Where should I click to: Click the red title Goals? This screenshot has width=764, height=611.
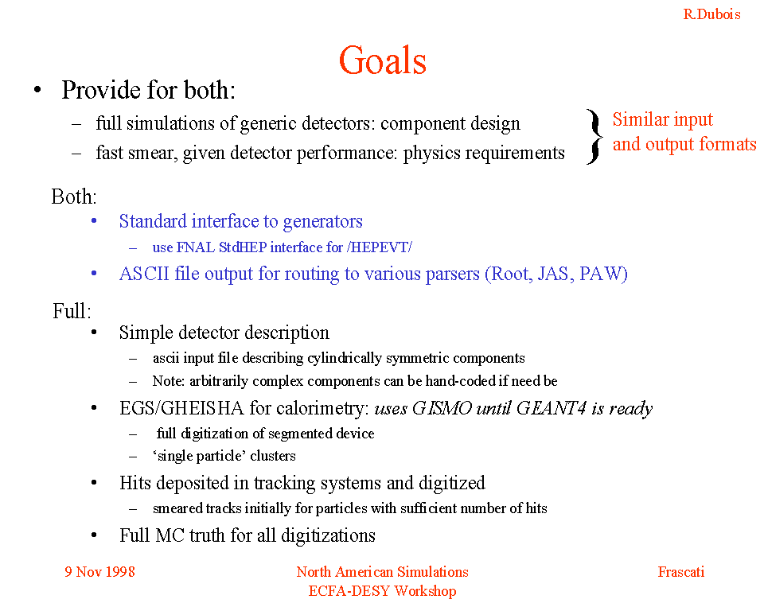[x=383, y=60]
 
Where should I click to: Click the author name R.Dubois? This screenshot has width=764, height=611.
[x=711, y=14]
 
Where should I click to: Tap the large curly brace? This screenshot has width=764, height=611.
[x=594, y=136]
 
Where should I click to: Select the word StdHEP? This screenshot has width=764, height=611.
[x=243, y=247]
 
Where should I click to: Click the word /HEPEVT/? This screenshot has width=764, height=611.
[x=380, y=247]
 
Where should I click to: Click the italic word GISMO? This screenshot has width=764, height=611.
[x=442, y=408]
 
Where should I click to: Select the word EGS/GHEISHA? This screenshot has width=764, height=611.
[x=181, y=408]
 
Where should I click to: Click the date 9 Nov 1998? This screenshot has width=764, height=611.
[x=100, y=571]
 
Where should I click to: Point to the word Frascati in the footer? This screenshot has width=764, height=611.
[x=681, y=571]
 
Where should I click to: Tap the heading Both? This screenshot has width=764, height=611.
[x=74, y=197]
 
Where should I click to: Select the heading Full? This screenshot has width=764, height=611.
[x=72, y=311]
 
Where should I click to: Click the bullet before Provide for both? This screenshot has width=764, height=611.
[x=37, y=90]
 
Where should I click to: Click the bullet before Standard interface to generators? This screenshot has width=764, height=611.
[x=94, y=221]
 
